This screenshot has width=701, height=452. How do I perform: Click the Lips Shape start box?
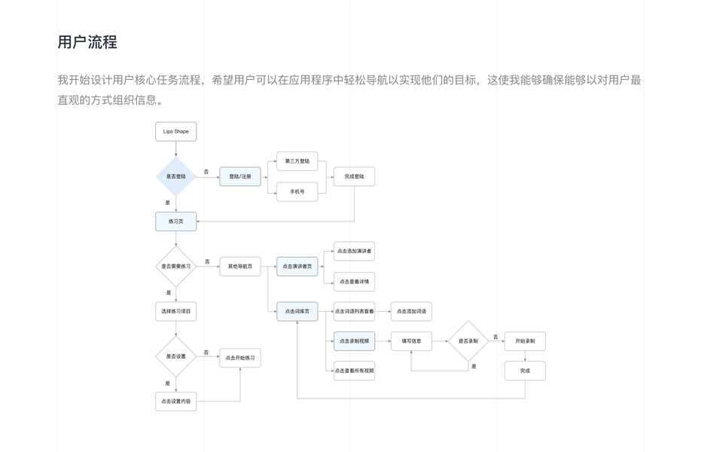pos(175,132)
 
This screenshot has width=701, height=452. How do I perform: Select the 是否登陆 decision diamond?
pos(175,176)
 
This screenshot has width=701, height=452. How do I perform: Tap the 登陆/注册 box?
pos(240,176)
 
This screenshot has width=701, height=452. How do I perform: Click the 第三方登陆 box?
pos(297,161)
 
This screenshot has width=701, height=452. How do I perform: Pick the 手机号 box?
pos(297,191)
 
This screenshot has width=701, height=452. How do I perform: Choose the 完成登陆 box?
pos(354,176)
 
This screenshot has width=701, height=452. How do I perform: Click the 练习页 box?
pos(175,221)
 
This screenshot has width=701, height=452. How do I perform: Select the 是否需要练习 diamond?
pos(175,266)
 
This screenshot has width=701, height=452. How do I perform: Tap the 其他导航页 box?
pos(240,266)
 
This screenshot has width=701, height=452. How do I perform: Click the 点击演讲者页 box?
pos(297,266)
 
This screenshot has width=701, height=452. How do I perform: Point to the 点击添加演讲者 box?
pos(354,251)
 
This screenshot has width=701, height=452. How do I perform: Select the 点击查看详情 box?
pos(354,281)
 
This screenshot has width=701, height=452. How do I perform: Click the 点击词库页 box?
pos(297,311)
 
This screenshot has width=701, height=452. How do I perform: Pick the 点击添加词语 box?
pos(411,311)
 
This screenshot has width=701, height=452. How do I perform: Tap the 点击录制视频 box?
pos(354,341)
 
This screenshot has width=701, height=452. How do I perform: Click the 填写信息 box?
pos(411,341)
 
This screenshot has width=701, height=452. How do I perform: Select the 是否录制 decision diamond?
pos(468,341)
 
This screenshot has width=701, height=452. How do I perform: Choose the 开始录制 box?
pos(525,341)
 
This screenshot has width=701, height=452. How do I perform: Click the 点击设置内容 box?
pos(175,402)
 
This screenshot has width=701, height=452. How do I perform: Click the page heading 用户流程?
pos(87,42)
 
